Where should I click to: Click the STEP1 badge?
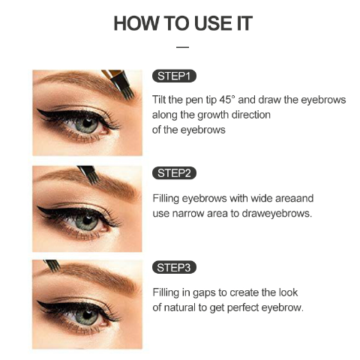click(x=174, y=76)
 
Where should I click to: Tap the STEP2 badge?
click(x=174, y=173)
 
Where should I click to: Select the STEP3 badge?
click(x=174, y=268)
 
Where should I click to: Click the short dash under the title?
click(x=182, y=47)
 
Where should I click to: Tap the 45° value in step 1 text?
click(x=227, y=100)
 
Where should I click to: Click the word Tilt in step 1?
click(x=159, y=100)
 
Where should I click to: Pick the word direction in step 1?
click(x=251, y=115)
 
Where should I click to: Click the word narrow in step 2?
click(x=188, y=214)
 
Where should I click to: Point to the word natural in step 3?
click(x=180, y=307)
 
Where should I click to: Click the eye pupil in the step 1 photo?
click(x=87, y=123)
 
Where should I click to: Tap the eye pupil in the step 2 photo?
click(x=87, y=220)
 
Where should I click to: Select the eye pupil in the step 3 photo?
click(x=87, y=313)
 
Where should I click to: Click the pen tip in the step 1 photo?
click(x=129, y=94)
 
